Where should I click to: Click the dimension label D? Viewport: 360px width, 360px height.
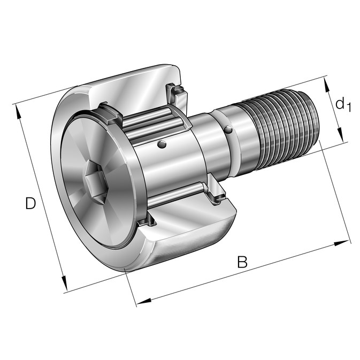point(30,203)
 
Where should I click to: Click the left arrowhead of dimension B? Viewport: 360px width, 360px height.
point(144,301)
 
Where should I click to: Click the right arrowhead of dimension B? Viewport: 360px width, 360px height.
point(341,243)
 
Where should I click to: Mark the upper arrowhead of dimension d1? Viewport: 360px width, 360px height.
point(327,85)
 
